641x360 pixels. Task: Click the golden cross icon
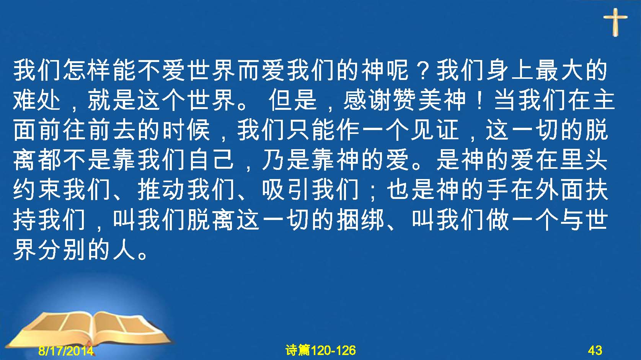point(615,22)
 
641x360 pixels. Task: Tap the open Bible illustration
point(89,329)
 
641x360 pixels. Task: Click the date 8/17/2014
point(66,350)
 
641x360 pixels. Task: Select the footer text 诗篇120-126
point(321,350)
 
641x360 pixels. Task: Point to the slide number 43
point(595,350)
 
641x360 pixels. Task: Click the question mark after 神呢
point(423,71)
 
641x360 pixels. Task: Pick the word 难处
point(37,100)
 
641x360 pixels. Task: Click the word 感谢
point(367,100)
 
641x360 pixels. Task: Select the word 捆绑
point(360,220)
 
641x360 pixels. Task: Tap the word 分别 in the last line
point(62,251)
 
